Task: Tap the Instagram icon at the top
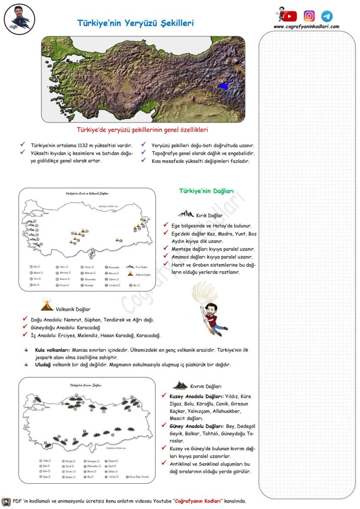[309, 16]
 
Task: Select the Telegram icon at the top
[327, 16]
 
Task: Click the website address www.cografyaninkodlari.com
[306, 27]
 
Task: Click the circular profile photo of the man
[19, 19]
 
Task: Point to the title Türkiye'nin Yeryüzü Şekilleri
[135, 23]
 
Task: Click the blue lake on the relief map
[226, 86]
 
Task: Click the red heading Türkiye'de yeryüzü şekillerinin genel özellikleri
[142, 130]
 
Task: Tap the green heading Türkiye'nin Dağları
[207, 191]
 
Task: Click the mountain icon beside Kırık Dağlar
[186, 214]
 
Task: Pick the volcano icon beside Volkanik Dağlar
[47, 305]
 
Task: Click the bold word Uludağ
[43, 365]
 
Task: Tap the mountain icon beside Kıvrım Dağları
[180, 386]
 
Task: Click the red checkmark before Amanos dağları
[165, 256]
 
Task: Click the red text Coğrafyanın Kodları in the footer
[199, 501]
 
